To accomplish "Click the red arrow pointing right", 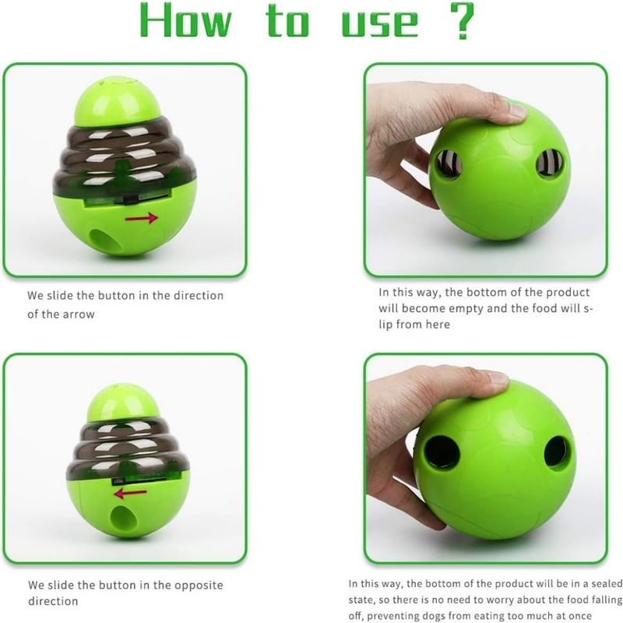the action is (x=142, y=218).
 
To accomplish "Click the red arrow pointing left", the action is (x=130, y=493).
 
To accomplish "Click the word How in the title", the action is (x=185, y=21).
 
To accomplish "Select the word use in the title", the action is (x=380, y=25).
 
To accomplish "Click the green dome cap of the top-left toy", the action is (x=118, y=102).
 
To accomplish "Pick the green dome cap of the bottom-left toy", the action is (x=123, y=402).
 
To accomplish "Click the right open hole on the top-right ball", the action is (x=550, y=163).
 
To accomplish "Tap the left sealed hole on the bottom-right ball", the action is (x=441, y=452).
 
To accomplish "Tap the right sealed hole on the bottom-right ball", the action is (x=556, y=452).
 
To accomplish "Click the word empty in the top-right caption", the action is (x=463, y=308).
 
